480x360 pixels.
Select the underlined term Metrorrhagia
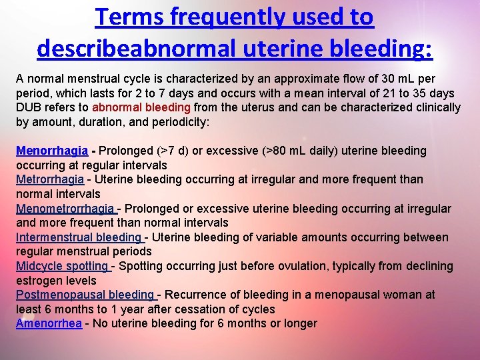[x=50, y=179]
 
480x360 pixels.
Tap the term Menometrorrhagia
[x=65, y=209]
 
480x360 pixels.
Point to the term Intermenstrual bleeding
[x=78, y=237]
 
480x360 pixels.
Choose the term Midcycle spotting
[x=62, y=266]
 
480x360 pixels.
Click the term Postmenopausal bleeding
[x=85, y=295]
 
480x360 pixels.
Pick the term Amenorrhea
[x=49, y=323]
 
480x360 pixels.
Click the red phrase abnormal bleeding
[x=141, y=107]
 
